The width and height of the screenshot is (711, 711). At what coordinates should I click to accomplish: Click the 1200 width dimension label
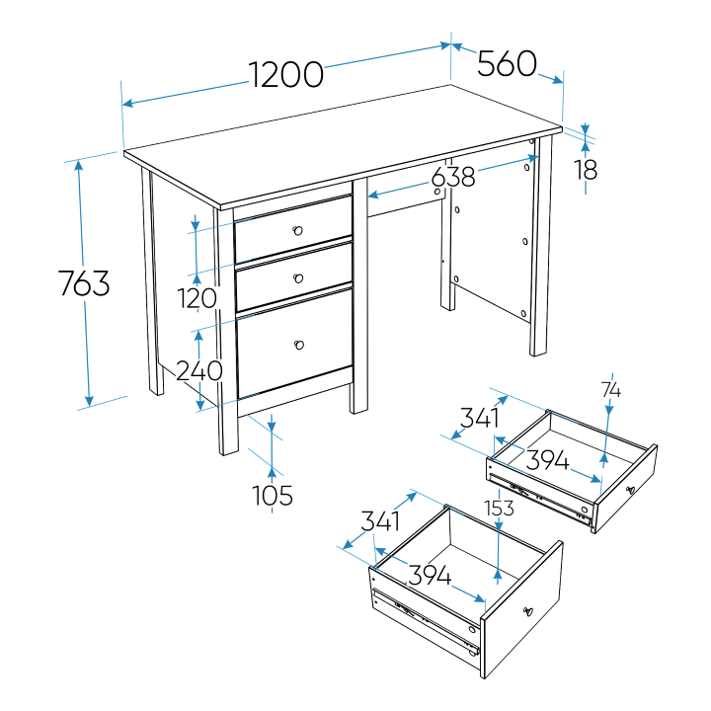286,74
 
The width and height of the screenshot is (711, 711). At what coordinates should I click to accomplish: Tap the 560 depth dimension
507,63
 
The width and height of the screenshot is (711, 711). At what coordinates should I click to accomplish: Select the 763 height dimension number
84,283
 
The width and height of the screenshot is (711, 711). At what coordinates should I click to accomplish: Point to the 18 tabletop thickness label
586,171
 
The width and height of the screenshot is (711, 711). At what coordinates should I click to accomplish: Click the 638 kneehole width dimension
453,177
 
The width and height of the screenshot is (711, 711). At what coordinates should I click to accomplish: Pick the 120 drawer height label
197,298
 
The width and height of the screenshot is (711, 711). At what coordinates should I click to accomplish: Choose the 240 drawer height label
199,370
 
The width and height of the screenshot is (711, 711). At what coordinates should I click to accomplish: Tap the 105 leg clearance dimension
273,495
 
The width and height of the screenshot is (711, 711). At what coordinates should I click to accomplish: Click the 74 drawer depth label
611,390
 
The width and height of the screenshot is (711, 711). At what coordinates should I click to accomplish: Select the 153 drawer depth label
499,509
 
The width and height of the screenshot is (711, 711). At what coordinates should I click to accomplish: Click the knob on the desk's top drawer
297,230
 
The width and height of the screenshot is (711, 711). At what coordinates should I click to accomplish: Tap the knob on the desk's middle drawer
298,277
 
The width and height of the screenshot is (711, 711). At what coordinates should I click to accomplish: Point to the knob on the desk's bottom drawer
299,345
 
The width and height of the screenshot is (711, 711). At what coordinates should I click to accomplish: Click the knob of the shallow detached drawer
630,490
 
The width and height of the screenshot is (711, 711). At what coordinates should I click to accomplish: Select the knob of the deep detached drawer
527,611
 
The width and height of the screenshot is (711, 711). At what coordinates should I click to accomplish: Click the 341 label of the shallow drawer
479,418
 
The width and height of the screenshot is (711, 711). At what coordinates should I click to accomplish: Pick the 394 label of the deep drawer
430,575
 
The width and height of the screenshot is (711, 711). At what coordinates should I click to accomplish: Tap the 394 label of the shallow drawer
547,460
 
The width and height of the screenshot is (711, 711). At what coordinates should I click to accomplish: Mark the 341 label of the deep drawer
380,521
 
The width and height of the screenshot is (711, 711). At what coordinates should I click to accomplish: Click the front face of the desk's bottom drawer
295,344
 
